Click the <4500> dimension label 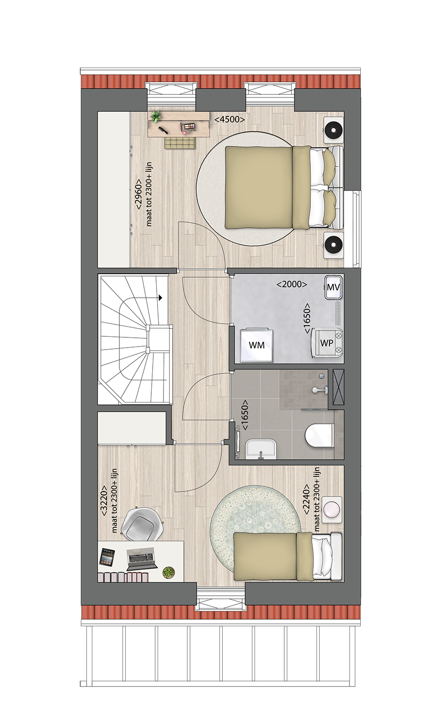230,119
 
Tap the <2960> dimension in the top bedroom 139,193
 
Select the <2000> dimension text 292,284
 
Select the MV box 333,287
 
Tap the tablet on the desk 107,557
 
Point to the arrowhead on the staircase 161,298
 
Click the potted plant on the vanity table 155,117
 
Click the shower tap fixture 319,390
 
